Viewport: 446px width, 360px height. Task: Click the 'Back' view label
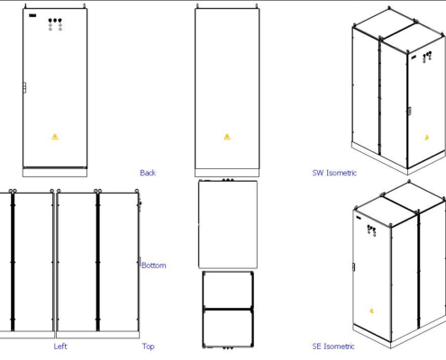click(148, 173)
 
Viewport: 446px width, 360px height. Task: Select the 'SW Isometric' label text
click(334, 173)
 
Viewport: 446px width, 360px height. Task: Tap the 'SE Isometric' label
click(333, 346)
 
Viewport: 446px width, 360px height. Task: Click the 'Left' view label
click(60, 346)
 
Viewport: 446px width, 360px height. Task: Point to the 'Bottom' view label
click(154, 265)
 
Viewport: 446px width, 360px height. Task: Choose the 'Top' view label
click(148, 346)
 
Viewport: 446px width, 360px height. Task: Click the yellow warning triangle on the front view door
click(55, 137)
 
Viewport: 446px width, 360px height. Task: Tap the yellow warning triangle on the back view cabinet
click(227, 137)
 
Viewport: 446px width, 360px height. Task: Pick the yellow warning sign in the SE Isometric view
click(371, 311)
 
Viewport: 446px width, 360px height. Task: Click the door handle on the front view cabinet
click(24, 87)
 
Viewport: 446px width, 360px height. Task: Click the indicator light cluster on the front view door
click(55, 23)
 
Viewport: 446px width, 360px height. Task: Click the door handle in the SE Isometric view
click(353, 266)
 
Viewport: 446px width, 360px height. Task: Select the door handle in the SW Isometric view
click(410, 111)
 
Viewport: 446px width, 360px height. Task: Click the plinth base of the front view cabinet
click(55, 171)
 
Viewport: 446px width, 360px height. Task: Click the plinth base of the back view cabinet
click(227, 171)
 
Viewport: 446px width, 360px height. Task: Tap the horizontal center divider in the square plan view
click(227, 309)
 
